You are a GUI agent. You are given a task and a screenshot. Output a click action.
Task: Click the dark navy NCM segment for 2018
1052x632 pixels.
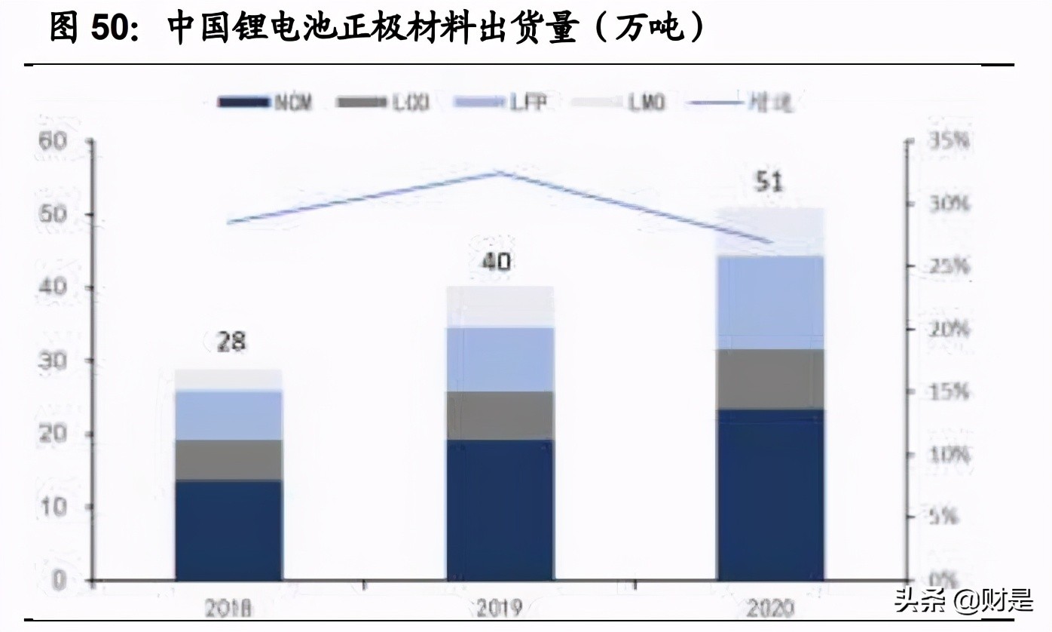(x=228, y=529)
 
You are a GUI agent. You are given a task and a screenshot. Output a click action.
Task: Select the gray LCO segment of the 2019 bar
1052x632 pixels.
(x=500, y=416)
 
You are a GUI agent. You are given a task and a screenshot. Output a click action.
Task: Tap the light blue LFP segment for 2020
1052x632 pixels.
(x=769, y=302)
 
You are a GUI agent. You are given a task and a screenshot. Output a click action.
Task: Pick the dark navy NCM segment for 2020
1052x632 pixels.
(x=769, y=494)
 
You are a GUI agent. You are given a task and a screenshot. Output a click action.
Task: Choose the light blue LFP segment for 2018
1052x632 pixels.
(x=228, y=416)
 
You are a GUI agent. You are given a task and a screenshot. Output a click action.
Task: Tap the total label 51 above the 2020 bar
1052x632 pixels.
(x=769, y=183)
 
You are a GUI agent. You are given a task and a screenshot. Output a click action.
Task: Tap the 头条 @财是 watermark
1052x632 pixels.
(x=962, y=601)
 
